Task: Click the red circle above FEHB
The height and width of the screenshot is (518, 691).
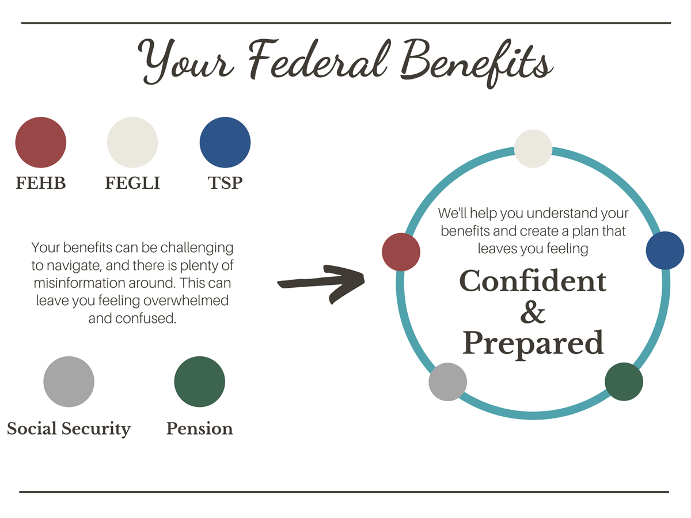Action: [x=41, y=142]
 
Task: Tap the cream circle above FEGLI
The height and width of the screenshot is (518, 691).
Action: [x=132, y=142]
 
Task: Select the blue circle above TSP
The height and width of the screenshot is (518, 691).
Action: [x=225, y=142]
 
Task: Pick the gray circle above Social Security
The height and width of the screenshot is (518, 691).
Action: [x=69, y=382]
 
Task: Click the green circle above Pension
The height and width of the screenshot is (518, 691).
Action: [x=200, y=382]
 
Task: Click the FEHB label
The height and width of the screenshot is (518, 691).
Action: [x=41, y=183]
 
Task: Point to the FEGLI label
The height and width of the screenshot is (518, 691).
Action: [x=132, y=183]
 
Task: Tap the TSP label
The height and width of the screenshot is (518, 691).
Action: [x=225, y=183]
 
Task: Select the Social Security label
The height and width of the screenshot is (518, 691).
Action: [x=69, y=429]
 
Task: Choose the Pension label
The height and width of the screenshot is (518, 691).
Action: [x=200, y=428]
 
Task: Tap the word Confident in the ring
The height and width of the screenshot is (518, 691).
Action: [x=533, y=281]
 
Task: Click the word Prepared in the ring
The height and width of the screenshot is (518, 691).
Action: [x=533, y=344]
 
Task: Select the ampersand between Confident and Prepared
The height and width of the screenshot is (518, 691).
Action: [x=533, y=312]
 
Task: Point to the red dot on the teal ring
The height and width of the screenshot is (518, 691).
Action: [x=401, y=252]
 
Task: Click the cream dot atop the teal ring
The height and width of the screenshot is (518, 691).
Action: [x=533, y=148]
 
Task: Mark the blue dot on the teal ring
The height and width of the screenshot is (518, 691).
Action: [x=665, y=251]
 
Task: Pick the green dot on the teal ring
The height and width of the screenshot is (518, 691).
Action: [x=624, y=382]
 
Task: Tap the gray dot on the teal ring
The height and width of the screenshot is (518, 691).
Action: [x=447, y=382]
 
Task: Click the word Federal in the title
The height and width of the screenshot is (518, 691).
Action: [x=318, y=60]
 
